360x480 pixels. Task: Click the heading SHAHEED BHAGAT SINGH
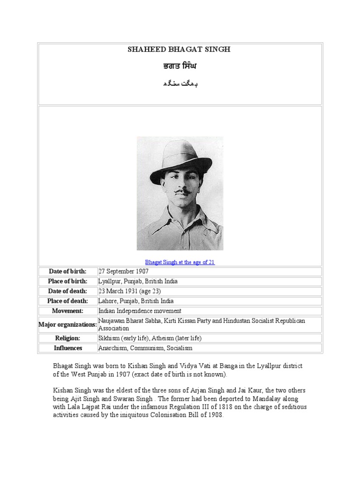click(x=180, y=50)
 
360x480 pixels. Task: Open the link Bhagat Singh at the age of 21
click(x=180, y=262)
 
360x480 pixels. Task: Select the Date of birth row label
click(x=67, y=272)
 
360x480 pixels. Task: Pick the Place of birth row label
click(x=67, y=282)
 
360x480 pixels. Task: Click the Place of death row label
click(x=67, y=301)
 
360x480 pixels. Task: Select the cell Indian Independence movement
click(x=140, y=311)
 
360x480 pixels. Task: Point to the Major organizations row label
click(x=67, y=324)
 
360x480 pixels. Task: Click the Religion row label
click(x=67, y=338)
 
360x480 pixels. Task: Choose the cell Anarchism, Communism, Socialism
click(x=145, y=348)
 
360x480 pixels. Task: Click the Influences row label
click(x=67, y=348)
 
